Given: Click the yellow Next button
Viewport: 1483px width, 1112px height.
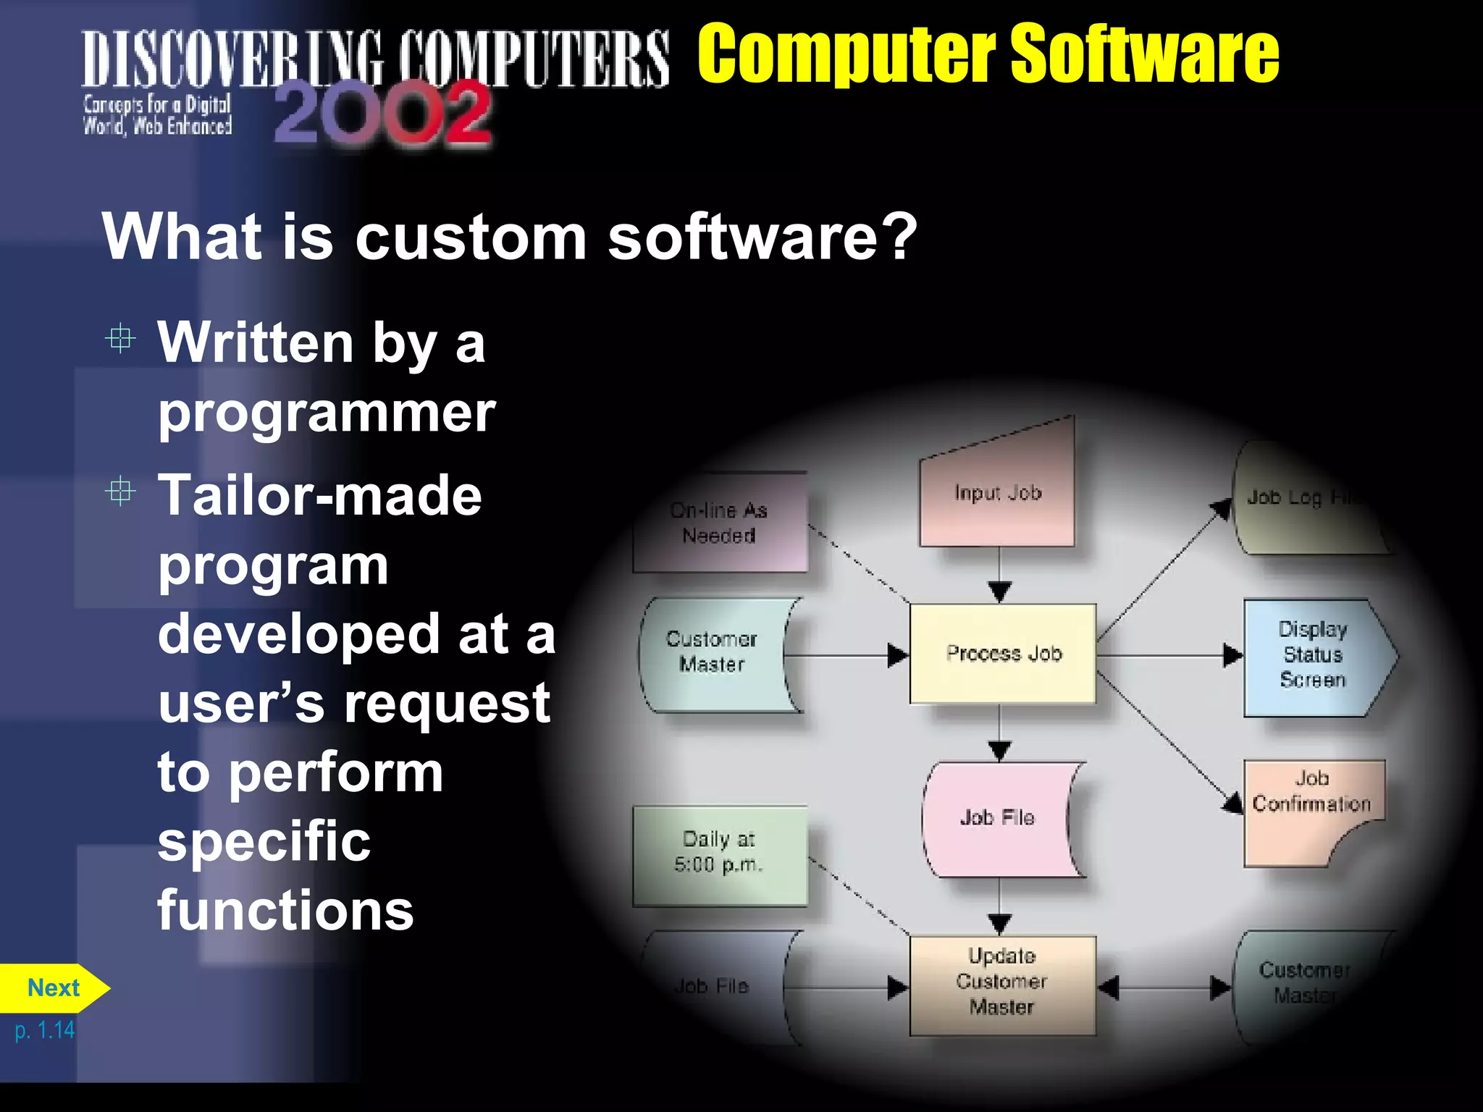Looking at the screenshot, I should pyautogui.click(x=52, y=988).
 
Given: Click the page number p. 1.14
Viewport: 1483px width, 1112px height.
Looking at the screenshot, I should pyautogui.click(x=45, y=1029).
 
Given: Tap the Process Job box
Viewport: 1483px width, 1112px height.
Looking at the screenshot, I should pyautogui.click(x=1003, y=654).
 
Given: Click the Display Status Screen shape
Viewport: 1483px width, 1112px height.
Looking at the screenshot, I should pyautogui.click(x=1312, y=655).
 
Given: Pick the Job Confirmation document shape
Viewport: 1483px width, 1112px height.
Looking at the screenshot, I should pyautogui.click(x=1311, y=804).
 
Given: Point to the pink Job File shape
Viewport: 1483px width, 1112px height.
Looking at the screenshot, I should pyautogui.click(x=998, y=818).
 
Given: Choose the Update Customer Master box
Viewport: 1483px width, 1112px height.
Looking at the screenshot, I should pyautogui.click(x=1002, y=982).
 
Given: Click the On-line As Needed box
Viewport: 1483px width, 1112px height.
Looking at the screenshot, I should pyautogui.click(x=719, y=523).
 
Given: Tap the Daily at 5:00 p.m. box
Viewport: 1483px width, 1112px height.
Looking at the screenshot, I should pyautogui.click(x=719, y=853).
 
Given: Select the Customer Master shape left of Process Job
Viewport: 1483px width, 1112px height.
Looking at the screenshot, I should pyautogui.click(x=712, y=652).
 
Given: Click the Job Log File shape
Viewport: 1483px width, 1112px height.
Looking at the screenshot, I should pyautogui.click(x=1303, y=499).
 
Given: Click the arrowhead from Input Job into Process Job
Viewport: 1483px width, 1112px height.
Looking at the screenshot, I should pyautogui.click(x=1000, y=591).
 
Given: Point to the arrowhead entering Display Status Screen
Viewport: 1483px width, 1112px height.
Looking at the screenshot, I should pyautogui.click(x=1232, y=655).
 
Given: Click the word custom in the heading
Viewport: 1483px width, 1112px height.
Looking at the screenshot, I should pyautogui.click(x=471, y=237).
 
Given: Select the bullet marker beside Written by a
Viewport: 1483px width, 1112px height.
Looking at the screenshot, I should pyautogui.click(x=120, y=338).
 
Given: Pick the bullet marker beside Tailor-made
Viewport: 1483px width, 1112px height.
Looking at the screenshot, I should pyautogui.click(x=120, y=492).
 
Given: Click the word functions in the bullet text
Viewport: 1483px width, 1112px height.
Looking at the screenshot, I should pyautogui.click(x=285, y=910).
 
